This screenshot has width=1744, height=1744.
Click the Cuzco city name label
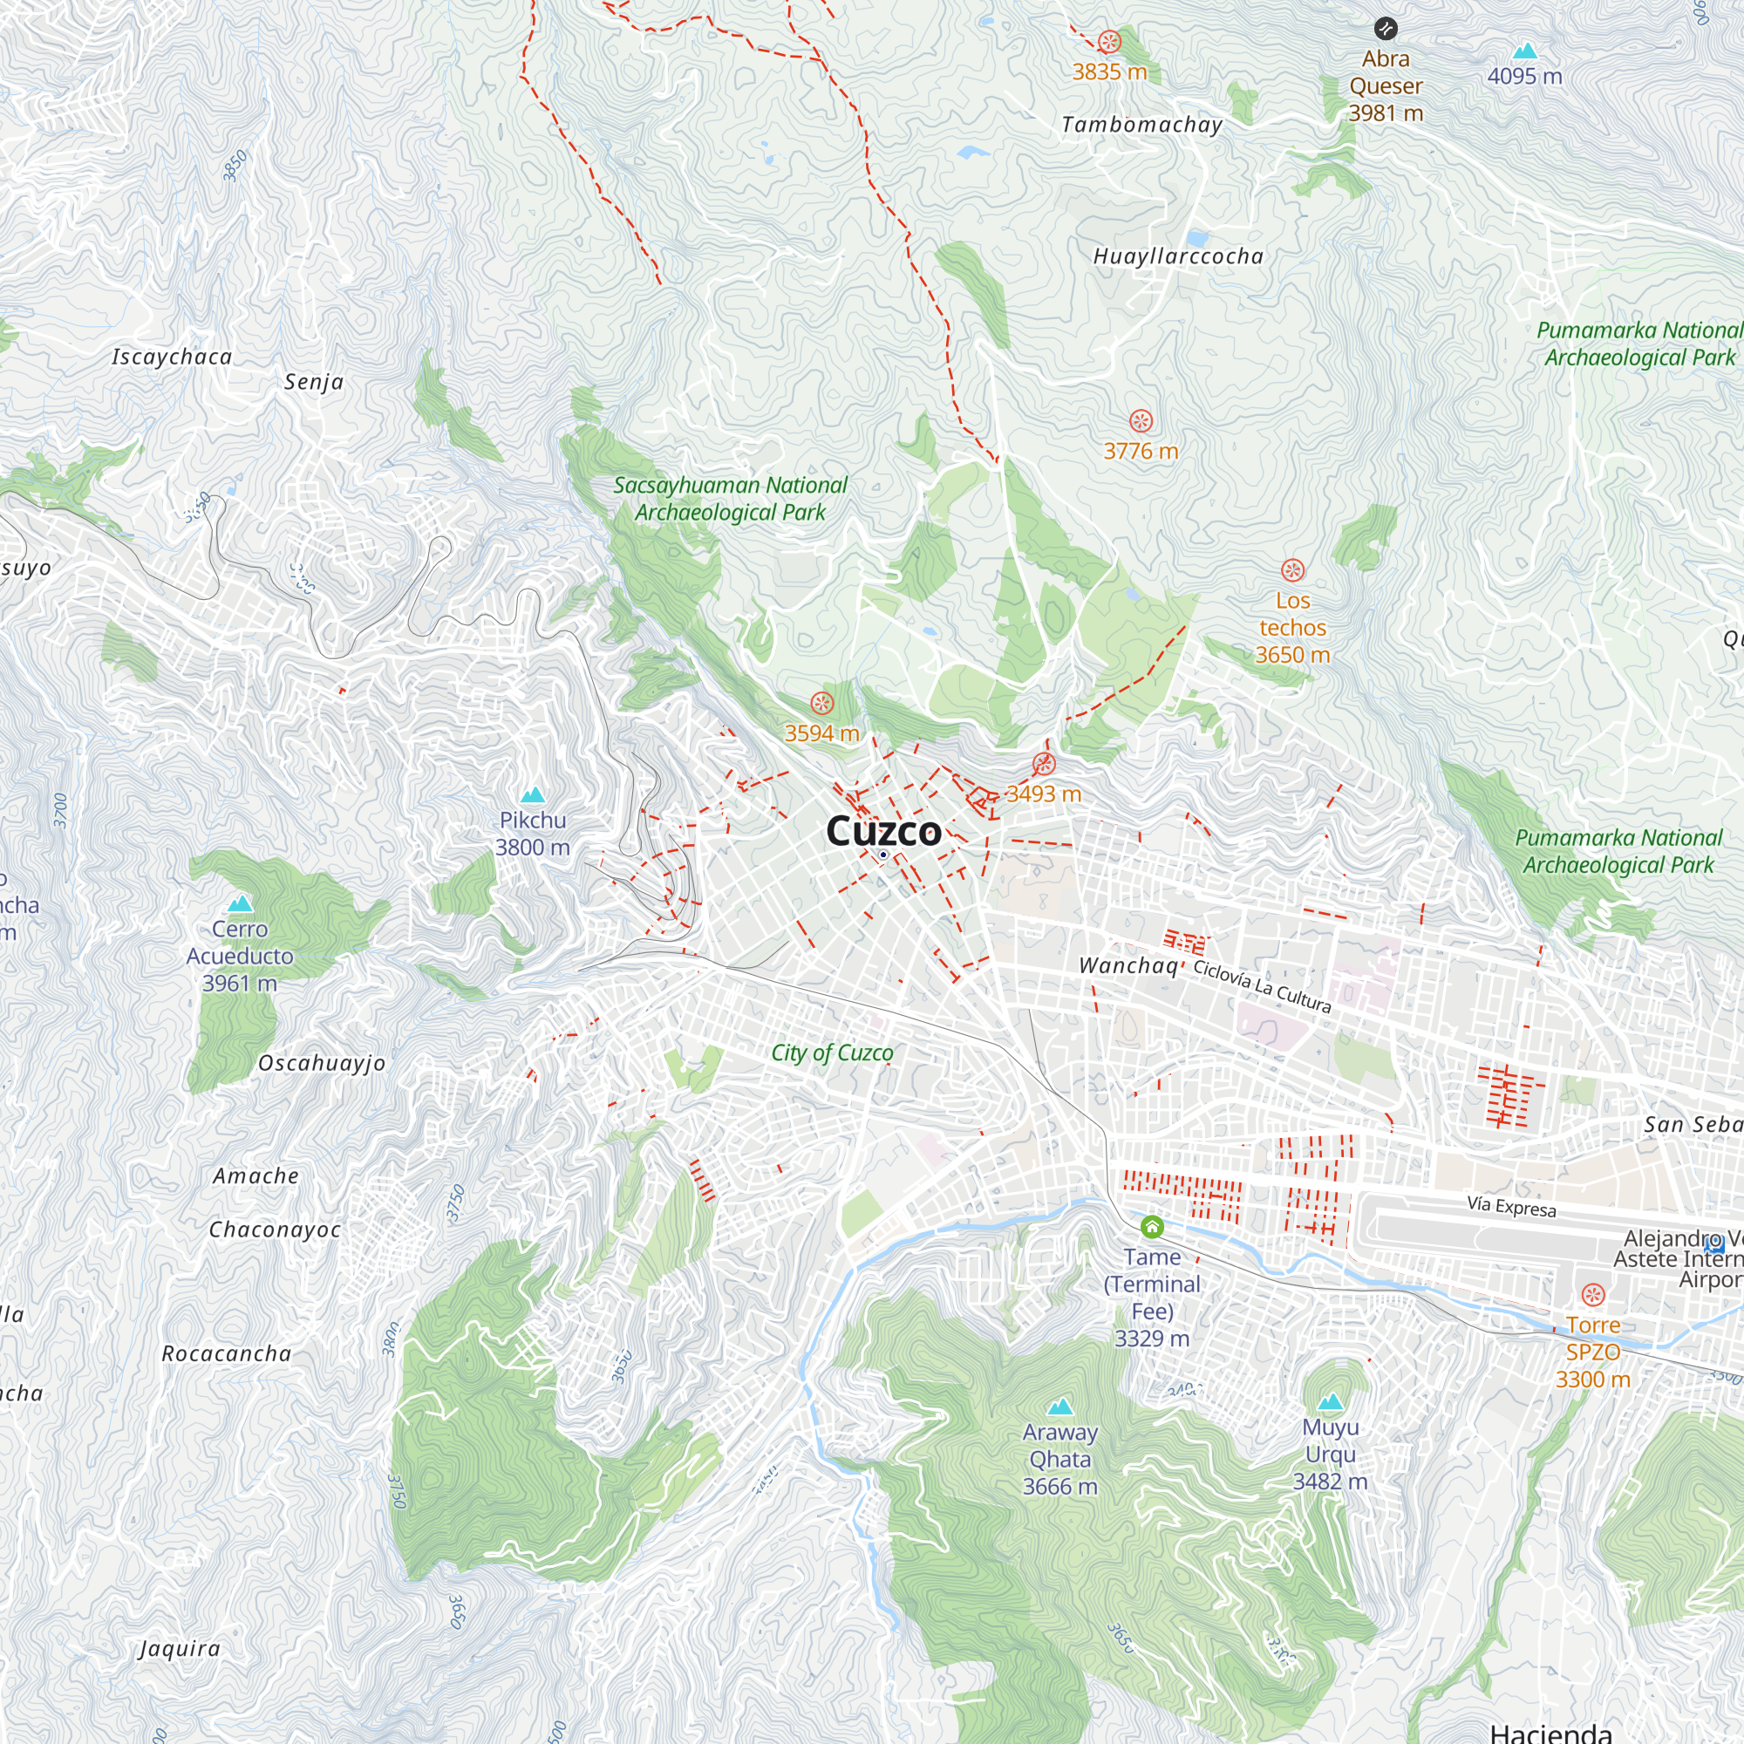883,831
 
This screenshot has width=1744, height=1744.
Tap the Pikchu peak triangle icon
533,795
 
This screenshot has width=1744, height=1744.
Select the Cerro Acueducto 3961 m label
239,955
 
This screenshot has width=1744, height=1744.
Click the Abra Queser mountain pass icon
1385,28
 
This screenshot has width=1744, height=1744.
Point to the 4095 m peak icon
1524,51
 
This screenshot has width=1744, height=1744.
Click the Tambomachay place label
1142,125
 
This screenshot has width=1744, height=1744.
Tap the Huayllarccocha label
1178,256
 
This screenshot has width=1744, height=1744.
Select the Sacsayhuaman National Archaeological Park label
730,498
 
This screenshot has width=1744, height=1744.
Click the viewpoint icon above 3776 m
1140,420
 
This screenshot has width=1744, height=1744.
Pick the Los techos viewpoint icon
1292,569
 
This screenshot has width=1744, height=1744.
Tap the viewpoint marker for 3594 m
821,702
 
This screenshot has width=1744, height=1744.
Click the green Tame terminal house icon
1152,1227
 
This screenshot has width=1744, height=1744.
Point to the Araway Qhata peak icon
1059,1407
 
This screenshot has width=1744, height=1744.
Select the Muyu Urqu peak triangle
1330,1402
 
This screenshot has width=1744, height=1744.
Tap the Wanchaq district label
1128,965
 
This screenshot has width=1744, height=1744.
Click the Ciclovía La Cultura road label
1262,986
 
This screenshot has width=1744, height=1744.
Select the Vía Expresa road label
1511,1207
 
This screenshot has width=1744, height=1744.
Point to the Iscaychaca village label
172,357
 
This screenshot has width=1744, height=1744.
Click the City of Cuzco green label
831,1053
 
